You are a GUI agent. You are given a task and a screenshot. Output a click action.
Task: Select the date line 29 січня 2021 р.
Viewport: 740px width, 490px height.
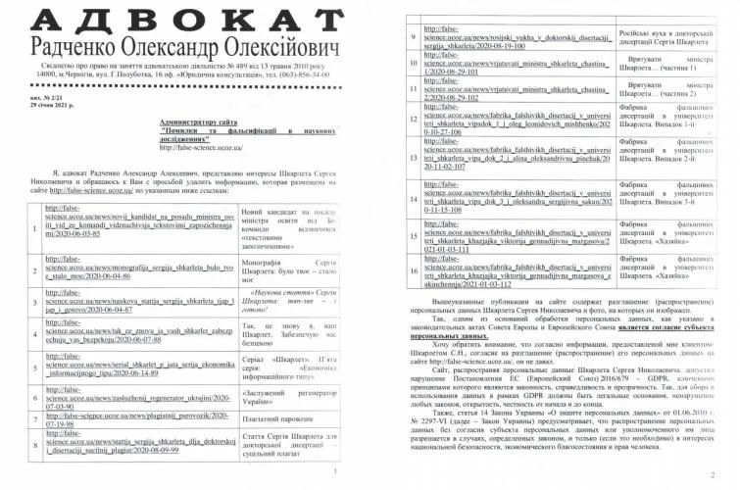pyautogui.click(x=50, y=103)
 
